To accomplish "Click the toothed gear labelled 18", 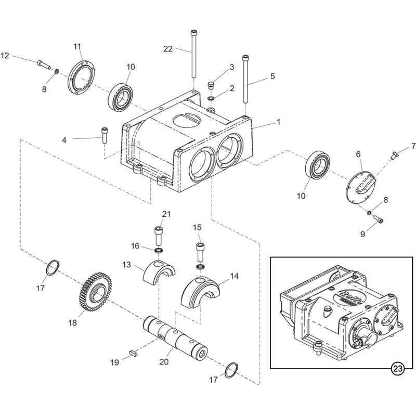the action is pyautogui.click(x=96, y=291).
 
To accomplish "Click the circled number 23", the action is pyautogui.click(x=398, y=368).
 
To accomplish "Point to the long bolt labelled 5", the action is pyautogui.click(x=245, y=80).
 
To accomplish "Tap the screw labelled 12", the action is pyautogui.click(x=44, y=64).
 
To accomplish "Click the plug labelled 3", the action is pyautogui.click(x=211, y=86).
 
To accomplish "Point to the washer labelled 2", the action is pyautogui.click(x=212, y=98).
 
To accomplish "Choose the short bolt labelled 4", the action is pyautogui.click(x=105, y=135).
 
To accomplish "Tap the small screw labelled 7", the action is pyautogui.click(x=394, y=155).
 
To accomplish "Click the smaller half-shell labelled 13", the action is pyautogui.click(x=159, y=272).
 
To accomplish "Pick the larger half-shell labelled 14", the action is pyautogui.click(x=200, y=293).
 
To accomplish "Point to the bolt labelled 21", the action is pyautogui.click(x=159, y=236).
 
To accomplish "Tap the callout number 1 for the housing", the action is pyautogui.click(x=278, y=122).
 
